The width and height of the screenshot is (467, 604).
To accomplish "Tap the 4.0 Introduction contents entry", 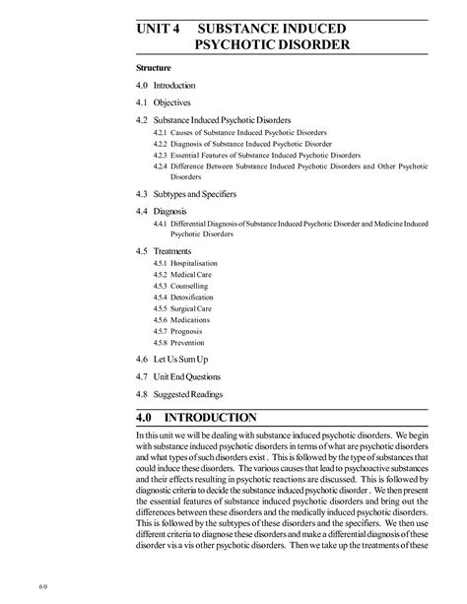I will pos(167,86).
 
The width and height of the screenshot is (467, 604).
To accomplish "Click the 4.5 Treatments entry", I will pos(164,252).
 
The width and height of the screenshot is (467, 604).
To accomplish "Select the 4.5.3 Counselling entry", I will pos(182,286).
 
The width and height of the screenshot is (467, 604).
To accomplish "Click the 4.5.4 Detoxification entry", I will pos(186,297).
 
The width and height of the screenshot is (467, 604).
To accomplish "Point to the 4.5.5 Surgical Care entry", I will pos(184,308).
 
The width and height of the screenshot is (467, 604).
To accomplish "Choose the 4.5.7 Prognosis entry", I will pos(180,331).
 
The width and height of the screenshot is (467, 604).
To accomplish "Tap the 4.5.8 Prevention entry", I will pos(181,342).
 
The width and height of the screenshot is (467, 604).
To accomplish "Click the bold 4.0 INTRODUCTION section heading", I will pos(197,418).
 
